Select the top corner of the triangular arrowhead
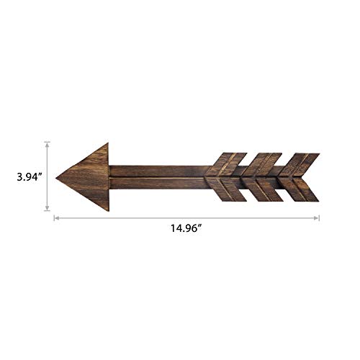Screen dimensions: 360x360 (107, 143)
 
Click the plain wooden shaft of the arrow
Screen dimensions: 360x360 (158, 177)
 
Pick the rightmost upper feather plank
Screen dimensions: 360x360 (297, 165)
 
